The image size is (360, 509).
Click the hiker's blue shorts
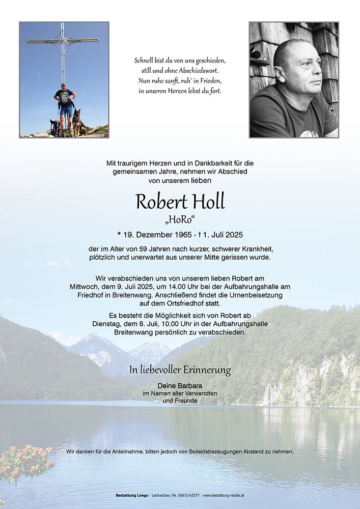click(x=65, y=110)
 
